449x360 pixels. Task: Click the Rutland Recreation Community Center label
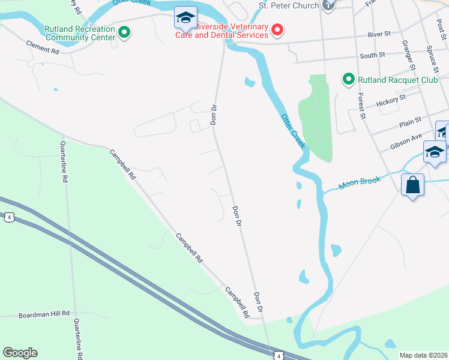coord(79,32)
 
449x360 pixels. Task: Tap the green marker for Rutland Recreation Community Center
coord(124,32)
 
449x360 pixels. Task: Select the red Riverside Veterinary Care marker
coord(277,28)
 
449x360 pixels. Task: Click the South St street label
coord(372,55)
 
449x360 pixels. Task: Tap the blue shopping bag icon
coord(413,185)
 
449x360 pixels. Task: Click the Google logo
coord(20,353)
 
